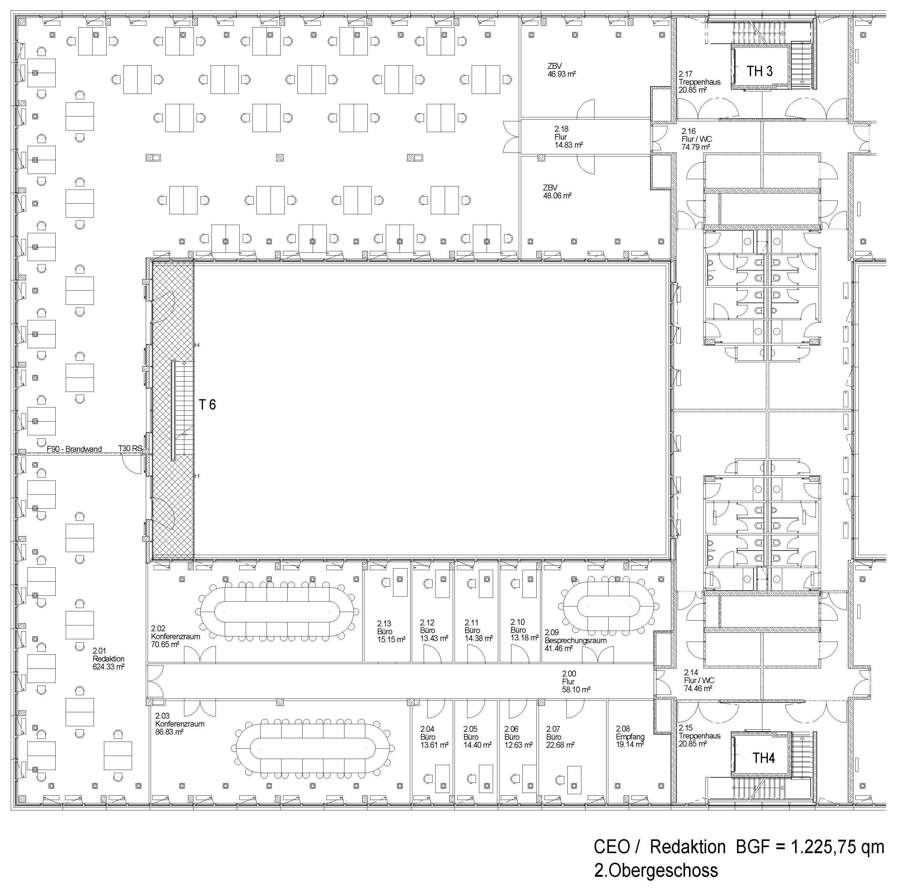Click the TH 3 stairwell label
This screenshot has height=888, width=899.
[x=760, y=71]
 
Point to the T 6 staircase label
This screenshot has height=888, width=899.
[x=208, y=405]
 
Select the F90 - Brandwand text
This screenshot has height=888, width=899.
[x=75, y=449]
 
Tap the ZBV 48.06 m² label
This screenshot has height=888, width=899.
[x=557, y=192]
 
